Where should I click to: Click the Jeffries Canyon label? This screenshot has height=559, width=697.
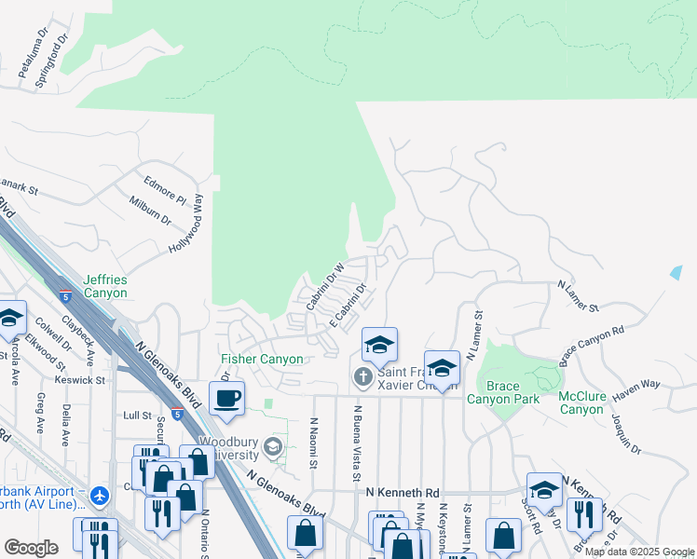coord(104,286)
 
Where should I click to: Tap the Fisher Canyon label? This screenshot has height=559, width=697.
coord(262,360)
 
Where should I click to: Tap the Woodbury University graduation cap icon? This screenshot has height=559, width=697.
coord(273,447)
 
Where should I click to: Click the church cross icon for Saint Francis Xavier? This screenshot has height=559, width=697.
coord(363,376)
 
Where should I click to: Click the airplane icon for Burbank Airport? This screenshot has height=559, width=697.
coord(100,498)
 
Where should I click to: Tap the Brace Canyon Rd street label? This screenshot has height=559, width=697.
coord(592,346)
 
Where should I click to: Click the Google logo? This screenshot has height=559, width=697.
coord(31,548)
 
